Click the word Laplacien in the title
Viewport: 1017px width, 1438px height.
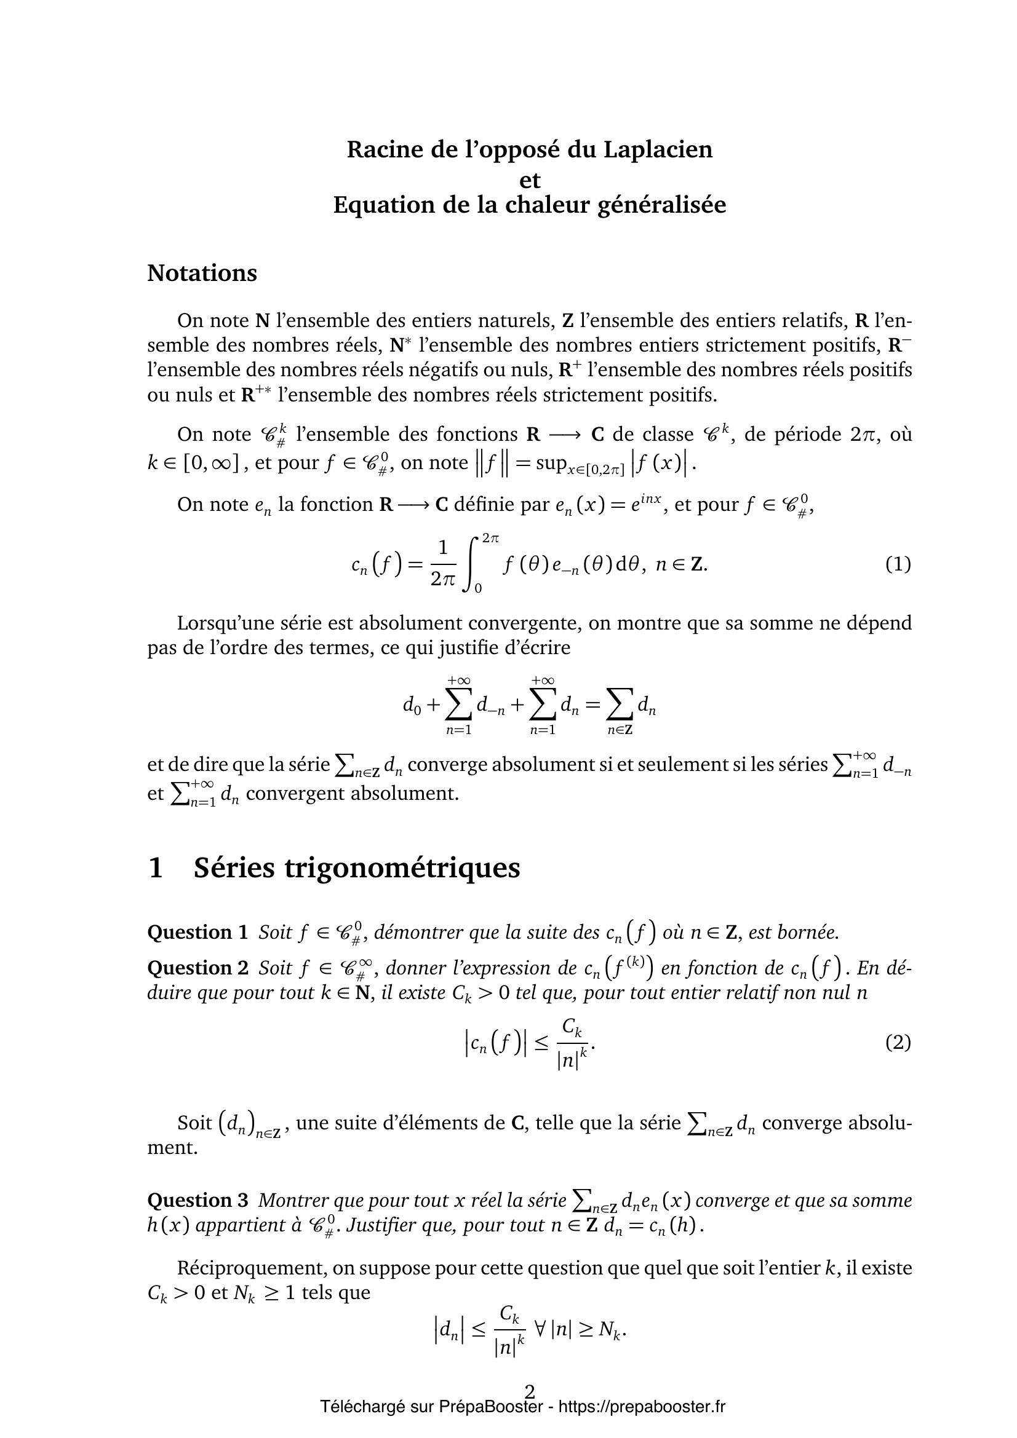point(658,149)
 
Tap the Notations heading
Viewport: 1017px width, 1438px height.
point(202,273)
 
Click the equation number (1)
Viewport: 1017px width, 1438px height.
point(898,564)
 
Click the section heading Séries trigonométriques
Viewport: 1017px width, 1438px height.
point(357,868)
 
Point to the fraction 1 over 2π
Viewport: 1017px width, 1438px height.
point(443,564)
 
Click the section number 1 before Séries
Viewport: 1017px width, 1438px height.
point(156,868)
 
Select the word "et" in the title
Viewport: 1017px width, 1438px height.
point(530,180)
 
